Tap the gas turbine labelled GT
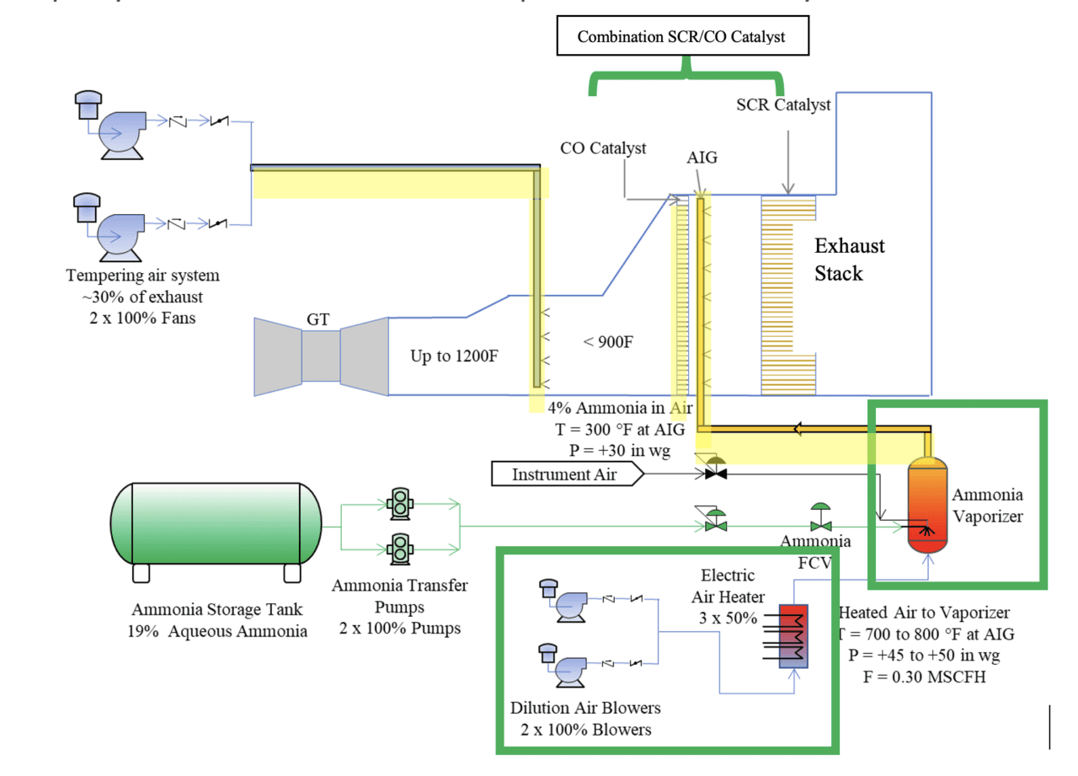[321, 355]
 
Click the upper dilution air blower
[564, 600]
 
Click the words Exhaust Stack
[849, 259]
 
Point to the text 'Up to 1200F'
[454, 355]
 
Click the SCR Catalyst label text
[783, 105]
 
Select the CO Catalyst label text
[603, 147]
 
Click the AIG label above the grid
[702, 158]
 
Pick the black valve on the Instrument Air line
[716, 474]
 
